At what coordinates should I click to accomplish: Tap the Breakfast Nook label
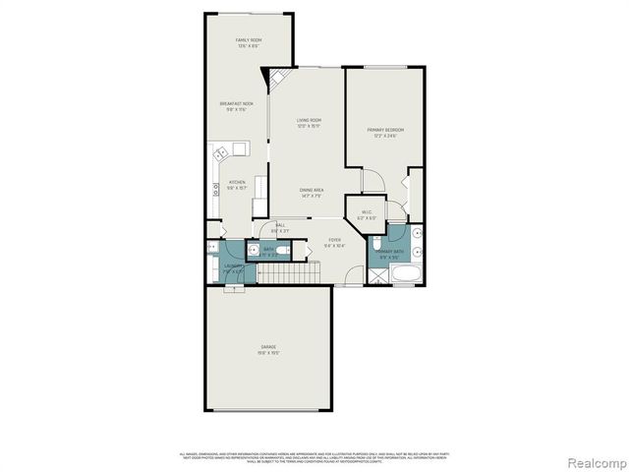[236, 106]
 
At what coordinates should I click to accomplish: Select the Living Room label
[310, 123]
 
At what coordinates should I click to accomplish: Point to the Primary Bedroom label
[385, 132]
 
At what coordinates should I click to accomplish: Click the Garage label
[268, 349]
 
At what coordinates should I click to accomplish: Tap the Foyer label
[335, 242]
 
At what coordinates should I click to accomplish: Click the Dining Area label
[313, 193]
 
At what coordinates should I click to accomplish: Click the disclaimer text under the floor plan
[314, 458]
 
